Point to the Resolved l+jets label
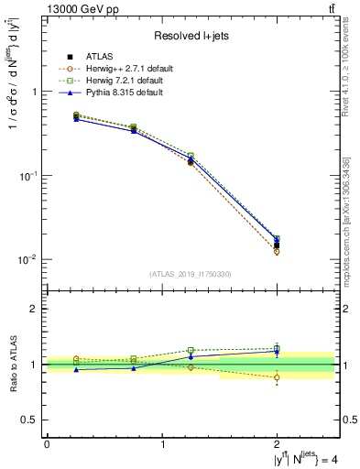pos(191,36)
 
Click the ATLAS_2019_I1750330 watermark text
pos(191,274)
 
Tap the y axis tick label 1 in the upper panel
pos(34,92)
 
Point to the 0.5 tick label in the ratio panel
pos(29,420)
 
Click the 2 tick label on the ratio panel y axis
pos(34,309)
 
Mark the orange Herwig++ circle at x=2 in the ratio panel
pos(277,377)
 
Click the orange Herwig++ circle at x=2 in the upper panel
pos(277,251)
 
